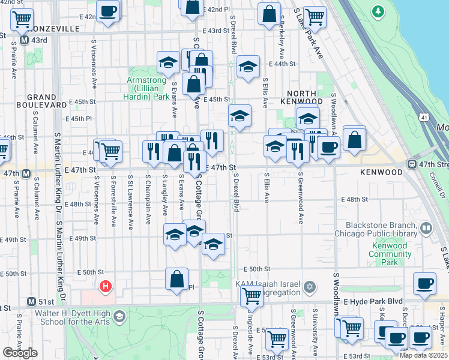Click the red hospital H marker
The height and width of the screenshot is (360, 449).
click(x=106, y=287)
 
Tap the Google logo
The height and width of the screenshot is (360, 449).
click(x=20, y=353)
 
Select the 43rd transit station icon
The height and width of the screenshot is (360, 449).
click(x=25, y=40)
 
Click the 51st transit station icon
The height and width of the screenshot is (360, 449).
click(x=32, y=301)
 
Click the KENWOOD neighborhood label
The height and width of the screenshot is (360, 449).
click(x=381, y=172)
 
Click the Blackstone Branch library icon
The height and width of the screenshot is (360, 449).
click(x=426, y=228)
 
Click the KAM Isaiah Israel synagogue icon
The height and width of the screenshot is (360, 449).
click(x=309, y=286)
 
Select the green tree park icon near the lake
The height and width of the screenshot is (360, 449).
click(x=378, y=11)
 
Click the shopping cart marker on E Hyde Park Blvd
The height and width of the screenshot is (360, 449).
click(x=252, y=295)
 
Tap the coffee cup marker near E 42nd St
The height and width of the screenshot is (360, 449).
click(x=108, y=11)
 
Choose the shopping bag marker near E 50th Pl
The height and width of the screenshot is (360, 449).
click(x=177, y=279)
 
